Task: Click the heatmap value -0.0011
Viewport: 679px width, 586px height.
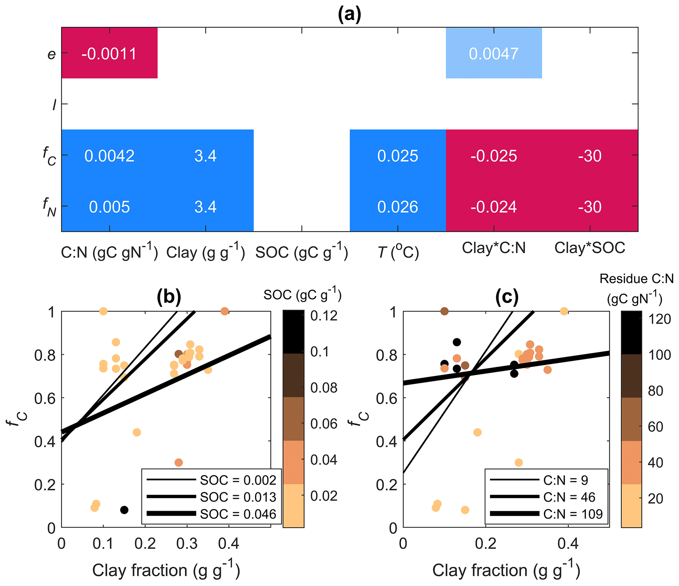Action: pyautogui.click(x=109, y=54)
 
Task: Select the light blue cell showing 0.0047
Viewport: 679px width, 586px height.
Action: pyautogui.click(x=493, y=54)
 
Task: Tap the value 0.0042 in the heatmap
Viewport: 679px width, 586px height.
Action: pyautogui.click(x=109, y=156)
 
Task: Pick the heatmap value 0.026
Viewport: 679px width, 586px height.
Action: pyautogui.click(x=397, y=207)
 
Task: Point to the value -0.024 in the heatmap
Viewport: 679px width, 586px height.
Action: pyautogui.click(x=493, y=207)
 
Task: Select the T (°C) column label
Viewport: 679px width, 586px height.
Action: pyautogui.click(x=398, y=252)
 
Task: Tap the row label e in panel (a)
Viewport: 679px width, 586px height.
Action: pyautogui.click(x=52, y=54)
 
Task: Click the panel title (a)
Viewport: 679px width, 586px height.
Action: pyautogui.click(x=349, y=15)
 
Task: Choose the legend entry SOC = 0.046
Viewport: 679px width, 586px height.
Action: pyautogui.click(x=238, y=514)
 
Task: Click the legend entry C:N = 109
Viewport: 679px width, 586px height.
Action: pyautogui.click(x=573, y=514)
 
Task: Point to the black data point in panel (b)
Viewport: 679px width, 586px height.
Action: pyautogui.click(x=124, y=510)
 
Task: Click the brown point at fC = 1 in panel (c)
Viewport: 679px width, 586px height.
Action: pyautogui.click(x=444, y=311)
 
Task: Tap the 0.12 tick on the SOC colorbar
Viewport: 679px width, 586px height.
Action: pyautogui.click(x=324, y=316)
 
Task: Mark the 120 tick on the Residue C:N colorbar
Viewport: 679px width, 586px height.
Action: pyautogui.click(x=659, y=319)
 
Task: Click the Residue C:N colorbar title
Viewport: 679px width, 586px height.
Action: pyautogui.click(x=636, y=289)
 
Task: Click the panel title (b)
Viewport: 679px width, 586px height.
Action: pyautogui.click(x=169, y=297)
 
